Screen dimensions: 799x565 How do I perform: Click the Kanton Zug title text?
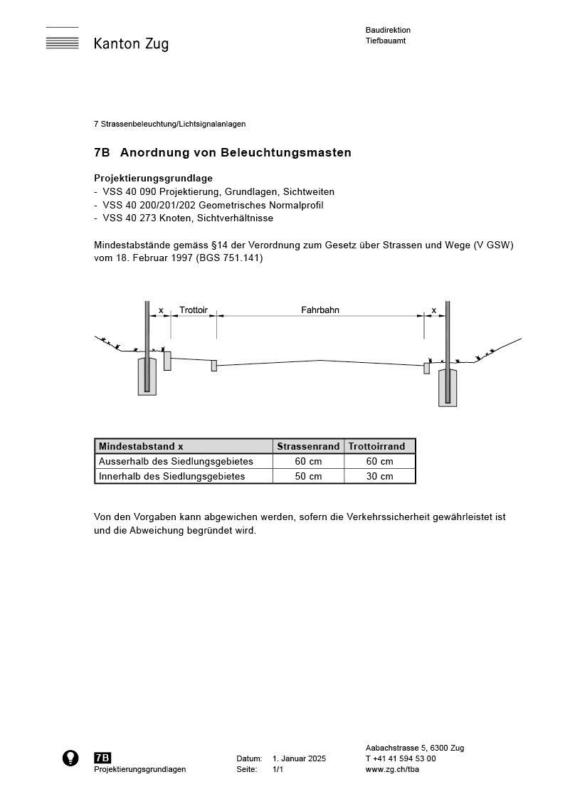point(131,44)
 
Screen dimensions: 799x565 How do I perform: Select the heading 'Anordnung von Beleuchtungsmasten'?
point(236,153)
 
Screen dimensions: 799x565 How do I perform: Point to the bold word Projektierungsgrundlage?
point(153,178)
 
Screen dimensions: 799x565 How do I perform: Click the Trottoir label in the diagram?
point(194,310)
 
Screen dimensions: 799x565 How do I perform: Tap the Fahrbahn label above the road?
point(320,310)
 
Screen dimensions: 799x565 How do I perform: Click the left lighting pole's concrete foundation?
point(147,377)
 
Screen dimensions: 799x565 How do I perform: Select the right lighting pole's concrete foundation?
point(448,388)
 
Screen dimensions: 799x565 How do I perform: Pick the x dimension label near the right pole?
point(434,310)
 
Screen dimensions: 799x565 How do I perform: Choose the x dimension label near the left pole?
point(161,310)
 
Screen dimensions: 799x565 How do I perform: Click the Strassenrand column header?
point(308,447)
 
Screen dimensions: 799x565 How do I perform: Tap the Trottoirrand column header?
point(379,447)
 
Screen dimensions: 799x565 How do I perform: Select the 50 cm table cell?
point(308,477)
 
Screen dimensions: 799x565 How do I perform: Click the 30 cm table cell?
point(379,477)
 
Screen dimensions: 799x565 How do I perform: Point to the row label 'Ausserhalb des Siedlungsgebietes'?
point(176,462)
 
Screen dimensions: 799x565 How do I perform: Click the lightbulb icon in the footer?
point(70,758)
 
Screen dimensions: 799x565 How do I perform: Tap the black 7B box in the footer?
point(102,758)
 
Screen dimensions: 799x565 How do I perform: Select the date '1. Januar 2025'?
point(299,759)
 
